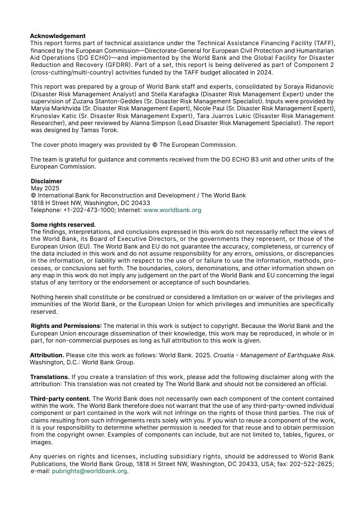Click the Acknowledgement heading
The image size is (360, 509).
pos(58,36)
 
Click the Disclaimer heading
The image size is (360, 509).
pos(46,181)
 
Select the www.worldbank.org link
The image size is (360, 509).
pos(172,210)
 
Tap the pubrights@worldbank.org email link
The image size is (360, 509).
pos(89,471)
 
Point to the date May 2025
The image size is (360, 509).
pos(45,188)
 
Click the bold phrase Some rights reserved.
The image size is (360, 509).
pos(63,225)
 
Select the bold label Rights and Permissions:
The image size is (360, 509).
pos(66,326)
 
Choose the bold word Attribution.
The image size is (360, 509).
pos(47,355)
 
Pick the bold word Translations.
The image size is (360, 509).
pos(49,377)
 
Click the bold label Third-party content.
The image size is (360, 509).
pos(60,399)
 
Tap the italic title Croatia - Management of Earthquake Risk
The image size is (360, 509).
pos(274,355)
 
